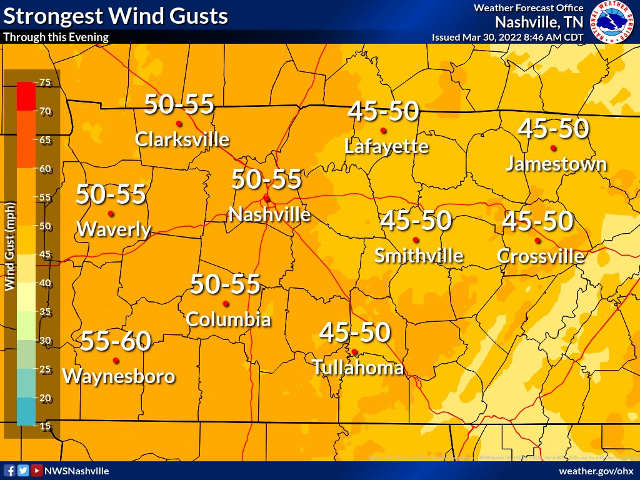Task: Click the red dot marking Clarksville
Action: pos(179,123)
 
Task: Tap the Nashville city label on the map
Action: pos(269,215)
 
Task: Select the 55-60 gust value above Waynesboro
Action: pos(116,341)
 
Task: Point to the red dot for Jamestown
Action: pos(553,148)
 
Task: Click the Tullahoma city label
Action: pos(357,367)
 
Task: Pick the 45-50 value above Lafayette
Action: pos(382,112)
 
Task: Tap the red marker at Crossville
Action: pos(537,241)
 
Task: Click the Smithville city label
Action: pos(419,256)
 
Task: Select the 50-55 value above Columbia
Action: pos(225,284)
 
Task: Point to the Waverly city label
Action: pos(113,229)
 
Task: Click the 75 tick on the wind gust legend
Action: pos(44,82)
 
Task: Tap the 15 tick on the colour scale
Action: pos(44,426)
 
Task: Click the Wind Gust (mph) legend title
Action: pos(10,246)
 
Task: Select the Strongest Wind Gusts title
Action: pos(116,16)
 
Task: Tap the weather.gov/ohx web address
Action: pos(596,471)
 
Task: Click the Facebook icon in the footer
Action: pos(9,471)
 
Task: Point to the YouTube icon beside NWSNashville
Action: pos(37,471)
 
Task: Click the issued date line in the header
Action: pos(507,37)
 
